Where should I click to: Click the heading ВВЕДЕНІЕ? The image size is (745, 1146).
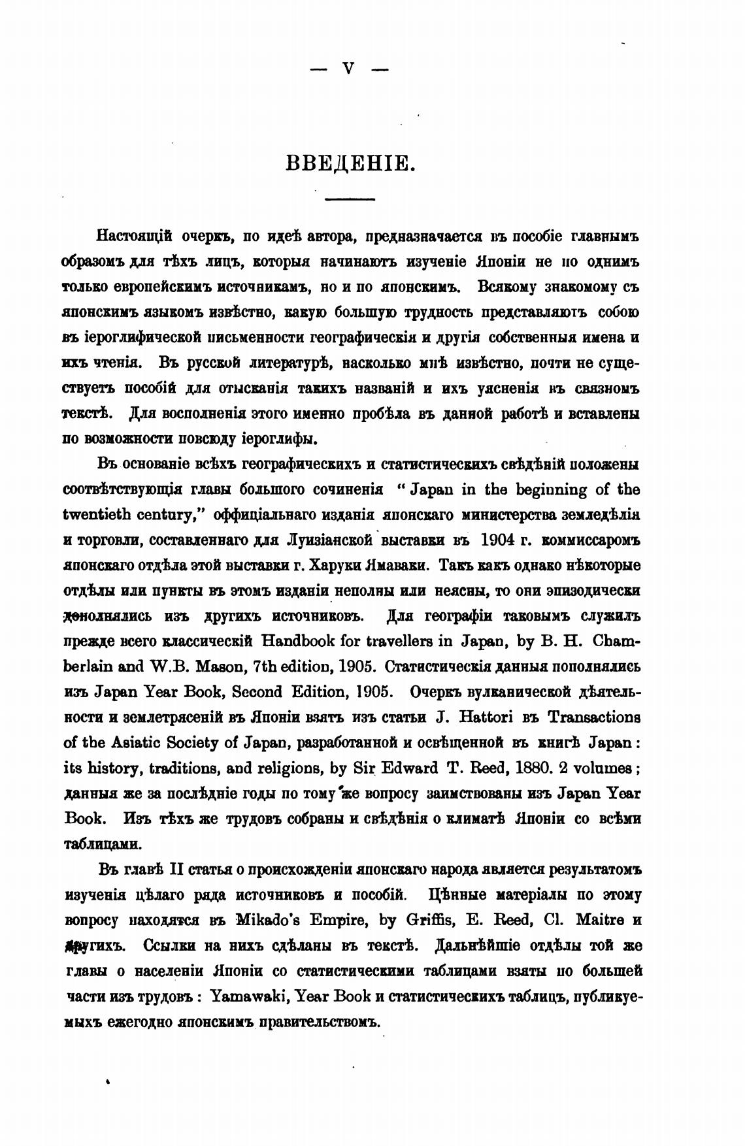351,161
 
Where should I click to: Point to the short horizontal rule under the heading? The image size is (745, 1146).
350,198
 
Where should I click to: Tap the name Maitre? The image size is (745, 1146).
599,920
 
